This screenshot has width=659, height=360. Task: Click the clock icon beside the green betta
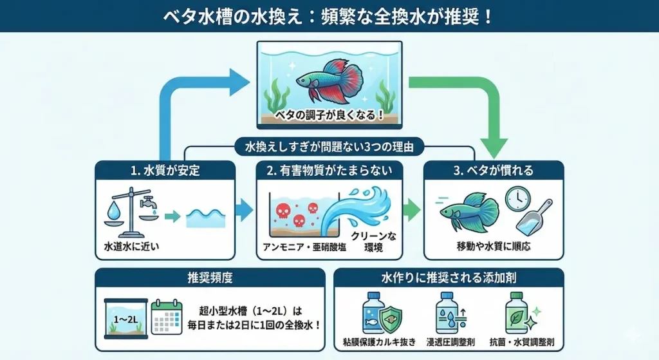pos(517,200)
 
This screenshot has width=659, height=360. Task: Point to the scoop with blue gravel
pos(535,216)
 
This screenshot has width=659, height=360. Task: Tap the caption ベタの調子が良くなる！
pos(329,116)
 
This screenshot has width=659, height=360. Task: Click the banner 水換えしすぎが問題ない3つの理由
pos(329,147)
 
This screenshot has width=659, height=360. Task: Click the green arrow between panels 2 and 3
pos(412,210)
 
